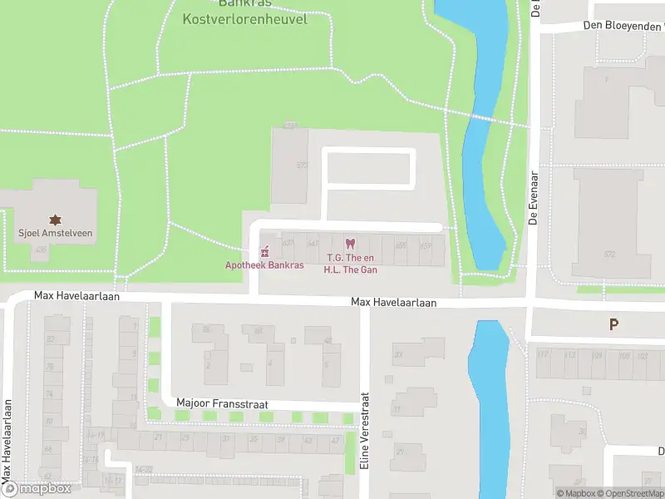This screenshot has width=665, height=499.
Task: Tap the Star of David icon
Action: [56, 220]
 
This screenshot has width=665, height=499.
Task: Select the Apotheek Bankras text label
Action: [264, 265]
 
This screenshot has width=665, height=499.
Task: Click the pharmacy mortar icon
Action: [265, 252]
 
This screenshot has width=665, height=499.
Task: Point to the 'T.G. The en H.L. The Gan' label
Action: [351, 263]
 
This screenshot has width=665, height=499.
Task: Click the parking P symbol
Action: [614, 324]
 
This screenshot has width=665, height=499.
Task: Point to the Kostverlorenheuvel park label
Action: [244, 18]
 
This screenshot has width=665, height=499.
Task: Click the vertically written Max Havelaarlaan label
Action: [7, 440]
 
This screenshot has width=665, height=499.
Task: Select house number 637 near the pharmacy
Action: [288, 243]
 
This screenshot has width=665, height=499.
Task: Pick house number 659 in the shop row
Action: [426, 245]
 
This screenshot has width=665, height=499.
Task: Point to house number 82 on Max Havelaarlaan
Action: [51, 338]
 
